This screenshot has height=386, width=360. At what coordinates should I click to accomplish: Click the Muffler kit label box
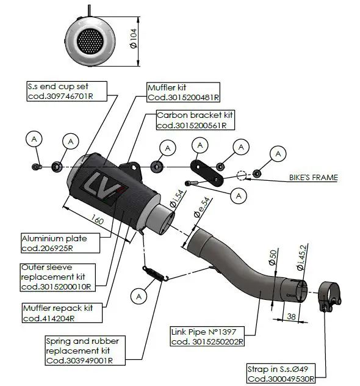tap(183, 92)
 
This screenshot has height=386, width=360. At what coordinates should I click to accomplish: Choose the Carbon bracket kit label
tap(195, 120)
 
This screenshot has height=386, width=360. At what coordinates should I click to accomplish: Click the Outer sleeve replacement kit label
tap(57, 276)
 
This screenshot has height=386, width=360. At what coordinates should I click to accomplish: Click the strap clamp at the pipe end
tap(329, 297)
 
